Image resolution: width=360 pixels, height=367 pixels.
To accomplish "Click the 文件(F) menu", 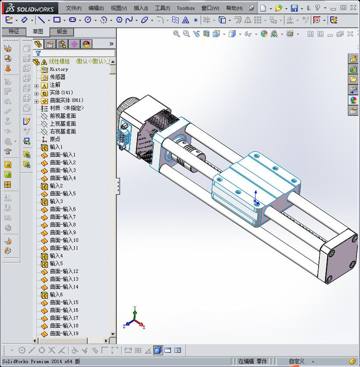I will click(x=73, y=8).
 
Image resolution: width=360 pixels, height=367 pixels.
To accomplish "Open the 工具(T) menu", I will click(x=162, y=8).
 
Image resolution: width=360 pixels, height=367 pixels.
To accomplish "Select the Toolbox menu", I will click(x=186, y=8).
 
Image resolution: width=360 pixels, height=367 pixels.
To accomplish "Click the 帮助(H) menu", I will click(x=234, y=8).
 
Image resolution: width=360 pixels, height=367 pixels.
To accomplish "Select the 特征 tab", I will click(x=14, y=32).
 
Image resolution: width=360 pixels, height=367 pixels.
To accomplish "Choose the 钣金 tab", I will click(x=62, y=32).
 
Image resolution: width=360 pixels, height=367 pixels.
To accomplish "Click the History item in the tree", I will click(x=59, y=69).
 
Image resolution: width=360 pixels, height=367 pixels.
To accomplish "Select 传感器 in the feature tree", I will click(x=57, y=77).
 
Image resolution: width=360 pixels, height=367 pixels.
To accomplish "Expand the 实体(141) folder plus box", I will click(x=37, y=93).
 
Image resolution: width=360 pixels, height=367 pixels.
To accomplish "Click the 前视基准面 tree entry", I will click(x=63, y=116).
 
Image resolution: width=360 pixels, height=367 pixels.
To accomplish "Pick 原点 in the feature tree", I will click(x=55, y=139).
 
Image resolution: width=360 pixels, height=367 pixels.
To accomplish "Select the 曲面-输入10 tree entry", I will click(x=64, y=240).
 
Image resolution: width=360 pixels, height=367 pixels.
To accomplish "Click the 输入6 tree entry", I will click(x=56, y=294).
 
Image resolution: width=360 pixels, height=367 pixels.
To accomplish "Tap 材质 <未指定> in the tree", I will click(x=66, y=108).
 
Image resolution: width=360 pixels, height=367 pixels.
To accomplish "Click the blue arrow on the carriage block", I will click(x=256, y=195).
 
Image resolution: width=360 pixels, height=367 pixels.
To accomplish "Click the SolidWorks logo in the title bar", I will click(x=30, y=8).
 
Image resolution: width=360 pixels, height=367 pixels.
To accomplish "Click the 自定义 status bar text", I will click(x=297, y=361).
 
